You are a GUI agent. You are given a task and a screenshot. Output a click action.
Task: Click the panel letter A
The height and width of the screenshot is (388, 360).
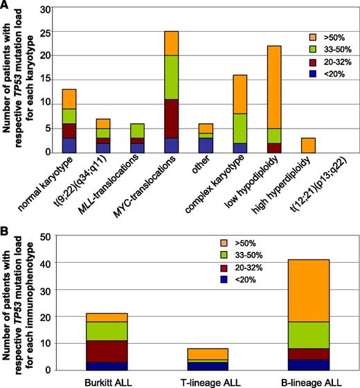[x=6, y=6]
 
